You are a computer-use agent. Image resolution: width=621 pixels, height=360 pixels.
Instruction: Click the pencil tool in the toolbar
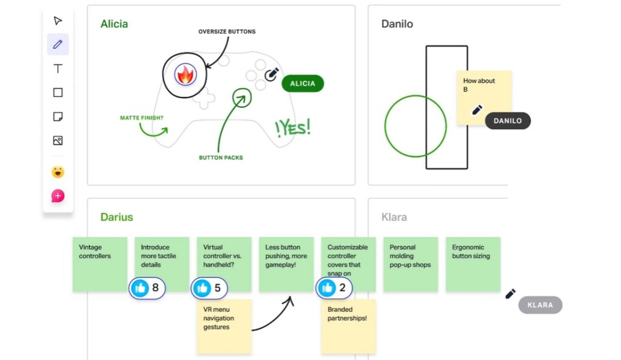pyautogui.click(x=58, y=44)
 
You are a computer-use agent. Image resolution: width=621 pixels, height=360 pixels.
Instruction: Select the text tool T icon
pyautogui.click(x=58, y=68)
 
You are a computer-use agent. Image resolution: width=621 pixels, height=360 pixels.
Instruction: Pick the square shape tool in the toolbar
pyautogui.click(x=58, y=93)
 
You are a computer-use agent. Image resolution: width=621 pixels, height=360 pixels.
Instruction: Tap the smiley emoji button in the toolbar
pyautogui.click(x=58, y=172)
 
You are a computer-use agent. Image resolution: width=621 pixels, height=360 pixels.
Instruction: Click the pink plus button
pyautogui.click(x=58, y=196)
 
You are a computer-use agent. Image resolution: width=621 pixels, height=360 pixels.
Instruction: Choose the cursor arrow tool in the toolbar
pyautogui.click(x=58, y=21)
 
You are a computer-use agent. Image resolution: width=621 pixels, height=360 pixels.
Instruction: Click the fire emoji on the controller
pyautogui.click(x=185, y=75)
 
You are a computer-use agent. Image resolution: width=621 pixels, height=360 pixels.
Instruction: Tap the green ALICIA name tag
pyautogui.click(x=303, y=84)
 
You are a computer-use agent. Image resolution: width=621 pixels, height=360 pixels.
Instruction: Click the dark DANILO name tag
pyautogui.click(x=508, y=121)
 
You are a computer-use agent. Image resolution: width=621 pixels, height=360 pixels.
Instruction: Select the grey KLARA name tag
pyautogui.click(x=540, y=305)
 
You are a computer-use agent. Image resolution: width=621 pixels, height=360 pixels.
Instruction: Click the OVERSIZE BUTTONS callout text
pyautogui.click(x=227, y=32)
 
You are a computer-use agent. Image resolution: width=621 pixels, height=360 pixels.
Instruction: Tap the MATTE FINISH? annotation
pyautogui.click(x=141, y=118)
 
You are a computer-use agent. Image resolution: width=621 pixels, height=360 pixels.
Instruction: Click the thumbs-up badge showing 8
pyautogui.click(x=147, y=288)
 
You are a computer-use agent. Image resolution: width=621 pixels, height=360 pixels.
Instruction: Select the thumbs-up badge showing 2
pyautogui.click(x=334, y=288)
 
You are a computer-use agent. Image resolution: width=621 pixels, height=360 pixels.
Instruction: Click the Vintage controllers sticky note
pyautogui.click(x=99, y=264)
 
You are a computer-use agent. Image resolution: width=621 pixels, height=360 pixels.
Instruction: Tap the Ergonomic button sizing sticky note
pyautogui.click(x=472, y=264)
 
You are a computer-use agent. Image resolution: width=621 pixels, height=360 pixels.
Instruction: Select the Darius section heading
pyautogui.click(x=116, y=217)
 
